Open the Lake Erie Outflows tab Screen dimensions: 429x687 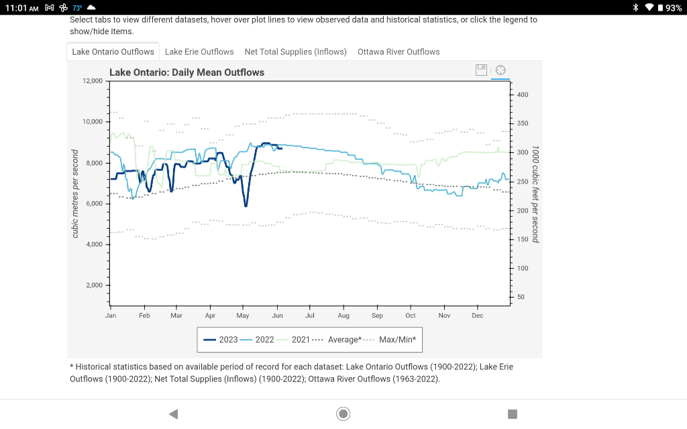coord(199,52)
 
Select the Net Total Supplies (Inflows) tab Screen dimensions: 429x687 coord(295,52)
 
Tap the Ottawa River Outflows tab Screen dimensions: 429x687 coord(399,52)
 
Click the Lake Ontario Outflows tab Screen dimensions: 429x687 coord(113,52)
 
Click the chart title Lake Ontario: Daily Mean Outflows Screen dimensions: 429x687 coord(187,72)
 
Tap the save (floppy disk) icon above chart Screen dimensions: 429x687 coord(481,70)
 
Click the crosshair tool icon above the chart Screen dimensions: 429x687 coord(500,70)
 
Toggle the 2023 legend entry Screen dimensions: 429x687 coord(221,340)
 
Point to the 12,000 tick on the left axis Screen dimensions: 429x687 coord(92,81)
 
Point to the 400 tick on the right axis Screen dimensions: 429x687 coord(523,95)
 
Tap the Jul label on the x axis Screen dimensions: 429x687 coord(310,315)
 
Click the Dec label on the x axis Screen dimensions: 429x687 coord(478,315)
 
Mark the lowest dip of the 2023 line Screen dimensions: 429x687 coord(246,205)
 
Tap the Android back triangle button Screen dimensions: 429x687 coord(173,414)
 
